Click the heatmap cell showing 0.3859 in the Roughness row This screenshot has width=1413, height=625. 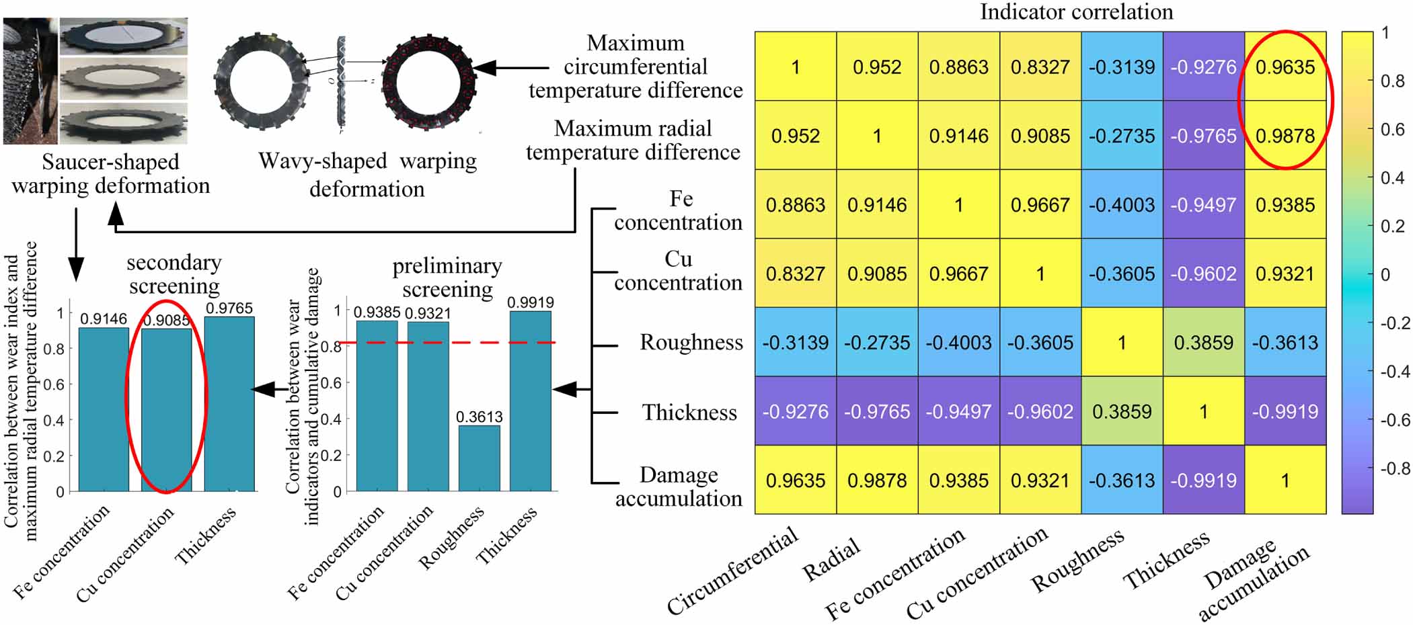pyautogui.click(x=1203, y=343)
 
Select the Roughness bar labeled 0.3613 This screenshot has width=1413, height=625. pyautogui.click(x=479, y=458)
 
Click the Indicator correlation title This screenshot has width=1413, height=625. pyautogui.click(x=1076, y=12)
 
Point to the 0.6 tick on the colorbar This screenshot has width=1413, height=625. pyautogui.click(x=1391, y=129)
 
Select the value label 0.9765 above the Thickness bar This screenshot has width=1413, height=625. pyautogui.click(x=229, y=308)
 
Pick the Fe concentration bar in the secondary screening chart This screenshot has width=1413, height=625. pyautogui.click(x=104, y=409)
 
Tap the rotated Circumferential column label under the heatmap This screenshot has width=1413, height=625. pyautogui.click(x=732, y=571)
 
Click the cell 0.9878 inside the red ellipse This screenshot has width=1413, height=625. pyautogui.click(x=1285, y=136)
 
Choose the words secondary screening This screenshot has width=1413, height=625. pyautogui.click(x=174, y=274)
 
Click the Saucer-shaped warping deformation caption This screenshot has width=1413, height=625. pyautogui.click(x=110, y=174)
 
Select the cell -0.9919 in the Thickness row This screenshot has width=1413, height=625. pyautogui.click(x=1285, y=411)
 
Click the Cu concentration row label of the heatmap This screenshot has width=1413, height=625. pyautogui.click(x=678, y=271)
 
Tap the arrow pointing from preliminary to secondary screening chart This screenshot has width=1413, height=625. pyautogui.click(x=266, y=389)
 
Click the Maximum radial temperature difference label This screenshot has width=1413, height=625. pyautogui.click(x=633, y=140)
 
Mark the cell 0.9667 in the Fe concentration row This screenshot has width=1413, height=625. pyautogui.click(x=1040, y=205)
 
